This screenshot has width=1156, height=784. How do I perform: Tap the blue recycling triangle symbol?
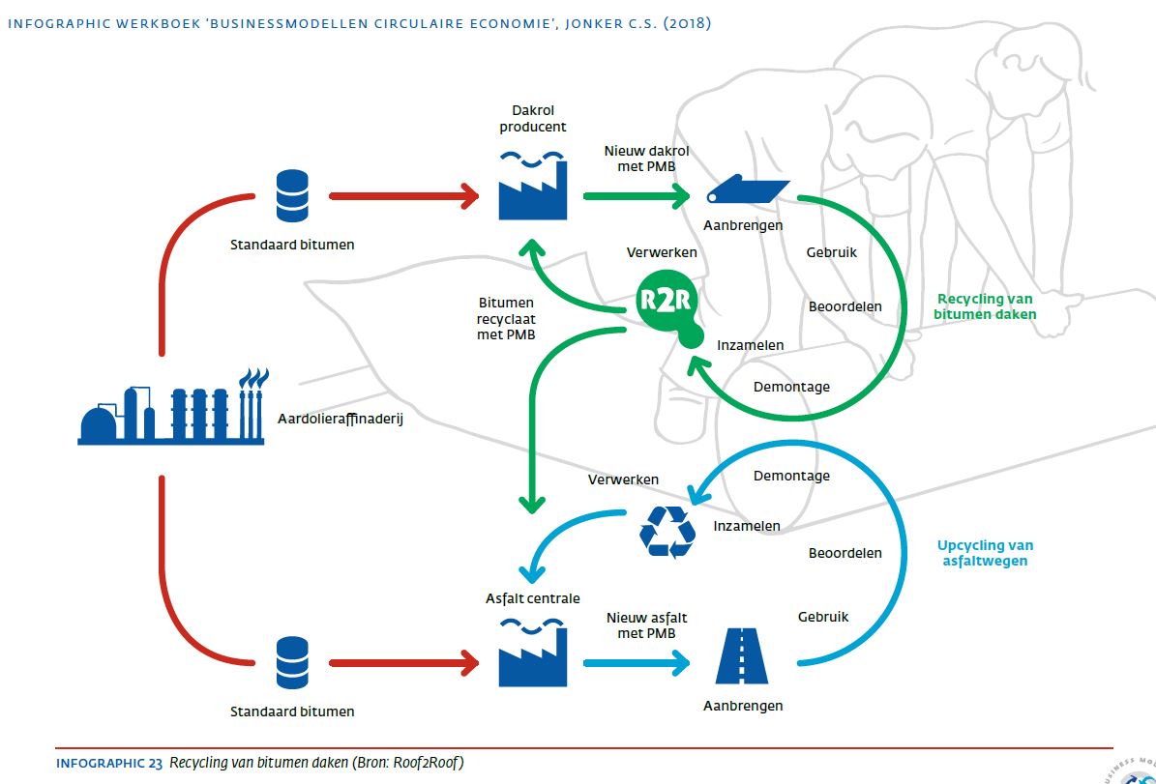point(668,532)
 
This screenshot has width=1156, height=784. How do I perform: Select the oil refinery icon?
point(171,408)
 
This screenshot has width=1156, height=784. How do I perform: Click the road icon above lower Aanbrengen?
point(741,656)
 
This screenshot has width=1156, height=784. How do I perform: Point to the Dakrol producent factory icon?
point(533,185)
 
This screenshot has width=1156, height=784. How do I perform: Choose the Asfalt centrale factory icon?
point(533,653)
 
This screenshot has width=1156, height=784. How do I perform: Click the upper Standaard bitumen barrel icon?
point(292,195)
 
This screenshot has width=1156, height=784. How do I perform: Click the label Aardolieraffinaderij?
point(340,420)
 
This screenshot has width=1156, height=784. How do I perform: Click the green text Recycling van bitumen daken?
point(986,306)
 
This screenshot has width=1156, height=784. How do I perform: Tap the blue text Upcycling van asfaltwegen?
point(985,553)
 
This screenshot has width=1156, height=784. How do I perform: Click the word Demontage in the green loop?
point(791,387)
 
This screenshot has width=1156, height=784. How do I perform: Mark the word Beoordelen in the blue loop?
point(845,553)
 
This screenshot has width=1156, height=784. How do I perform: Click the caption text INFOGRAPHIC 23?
point(109,763)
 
